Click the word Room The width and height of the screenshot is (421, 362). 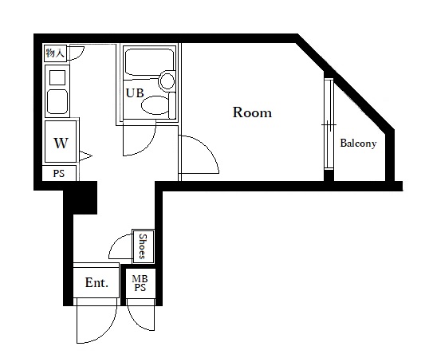coord(252,112)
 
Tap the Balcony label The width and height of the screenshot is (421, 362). coord(358,144)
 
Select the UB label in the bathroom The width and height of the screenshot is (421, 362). coord(135,93)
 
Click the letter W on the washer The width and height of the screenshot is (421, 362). coord(61,143)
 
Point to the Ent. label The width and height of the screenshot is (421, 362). coord(96,282)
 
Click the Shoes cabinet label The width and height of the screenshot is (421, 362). coord(143,246)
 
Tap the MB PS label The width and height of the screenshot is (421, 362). coord(140,283)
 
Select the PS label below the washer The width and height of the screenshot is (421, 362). coord(59,173)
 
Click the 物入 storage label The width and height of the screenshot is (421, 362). coord(55,53)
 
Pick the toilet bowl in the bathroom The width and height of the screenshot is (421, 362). coord(155,105)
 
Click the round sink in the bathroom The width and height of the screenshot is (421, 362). coord(167,81)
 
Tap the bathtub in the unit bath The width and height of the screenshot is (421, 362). coord(150,61)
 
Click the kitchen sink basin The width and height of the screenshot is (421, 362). coord(57,102)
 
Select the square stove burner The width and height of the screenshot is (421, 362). coord(57,77)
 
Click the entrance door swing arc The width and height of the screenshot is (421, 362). coord(108,332)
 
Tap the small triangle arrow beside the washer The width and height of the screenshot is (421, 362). coord(85,156)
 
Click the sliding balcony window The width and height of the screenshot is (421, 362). coord(329,124)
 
